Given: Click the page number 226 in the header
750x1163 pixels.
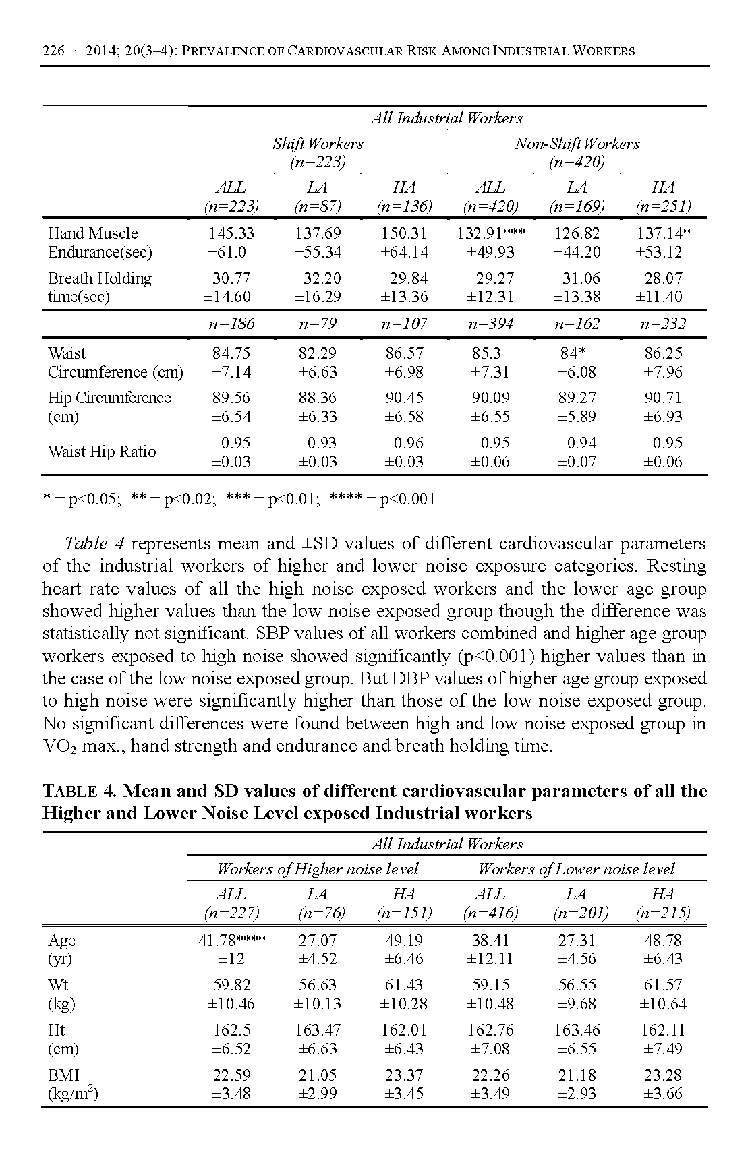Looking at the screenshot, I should (x=53, y=51).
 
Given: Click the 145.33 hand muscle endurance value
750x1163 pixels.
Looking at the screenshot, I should (x=231, y=233).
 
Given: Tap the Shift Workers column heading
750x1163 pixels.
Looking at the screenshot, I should (x=318, y=144).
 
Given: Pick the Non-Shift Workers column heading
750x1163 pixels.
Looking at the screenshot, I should (x=577, y=144).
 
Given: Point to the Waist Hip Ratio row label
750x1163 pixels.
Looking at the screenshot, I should (x=102, y=452).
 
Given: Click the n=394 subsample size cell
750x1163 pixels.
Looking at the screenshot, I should (x=490, y=324).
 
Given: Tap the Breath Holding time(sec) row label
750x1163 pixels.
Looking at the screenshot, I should (x=99, y=288).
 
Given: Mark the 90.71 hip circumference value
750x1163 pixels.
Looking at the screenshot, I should (x=663, y=398).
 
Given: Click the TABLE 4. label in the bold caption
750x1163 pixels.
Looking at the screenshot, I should (x=80, y=791).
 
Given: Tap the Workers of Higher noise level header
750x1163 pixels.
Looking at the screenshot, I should (x=318, y=869).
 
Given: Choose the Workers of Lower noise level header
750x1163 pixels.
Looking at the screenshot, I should (x=577, y=869).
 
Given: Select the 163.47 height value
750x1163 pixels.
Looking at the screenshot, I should (x=318, y=1030).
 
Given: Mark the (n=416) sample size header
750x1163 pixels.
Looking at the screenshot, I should (x=490, y=914).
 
